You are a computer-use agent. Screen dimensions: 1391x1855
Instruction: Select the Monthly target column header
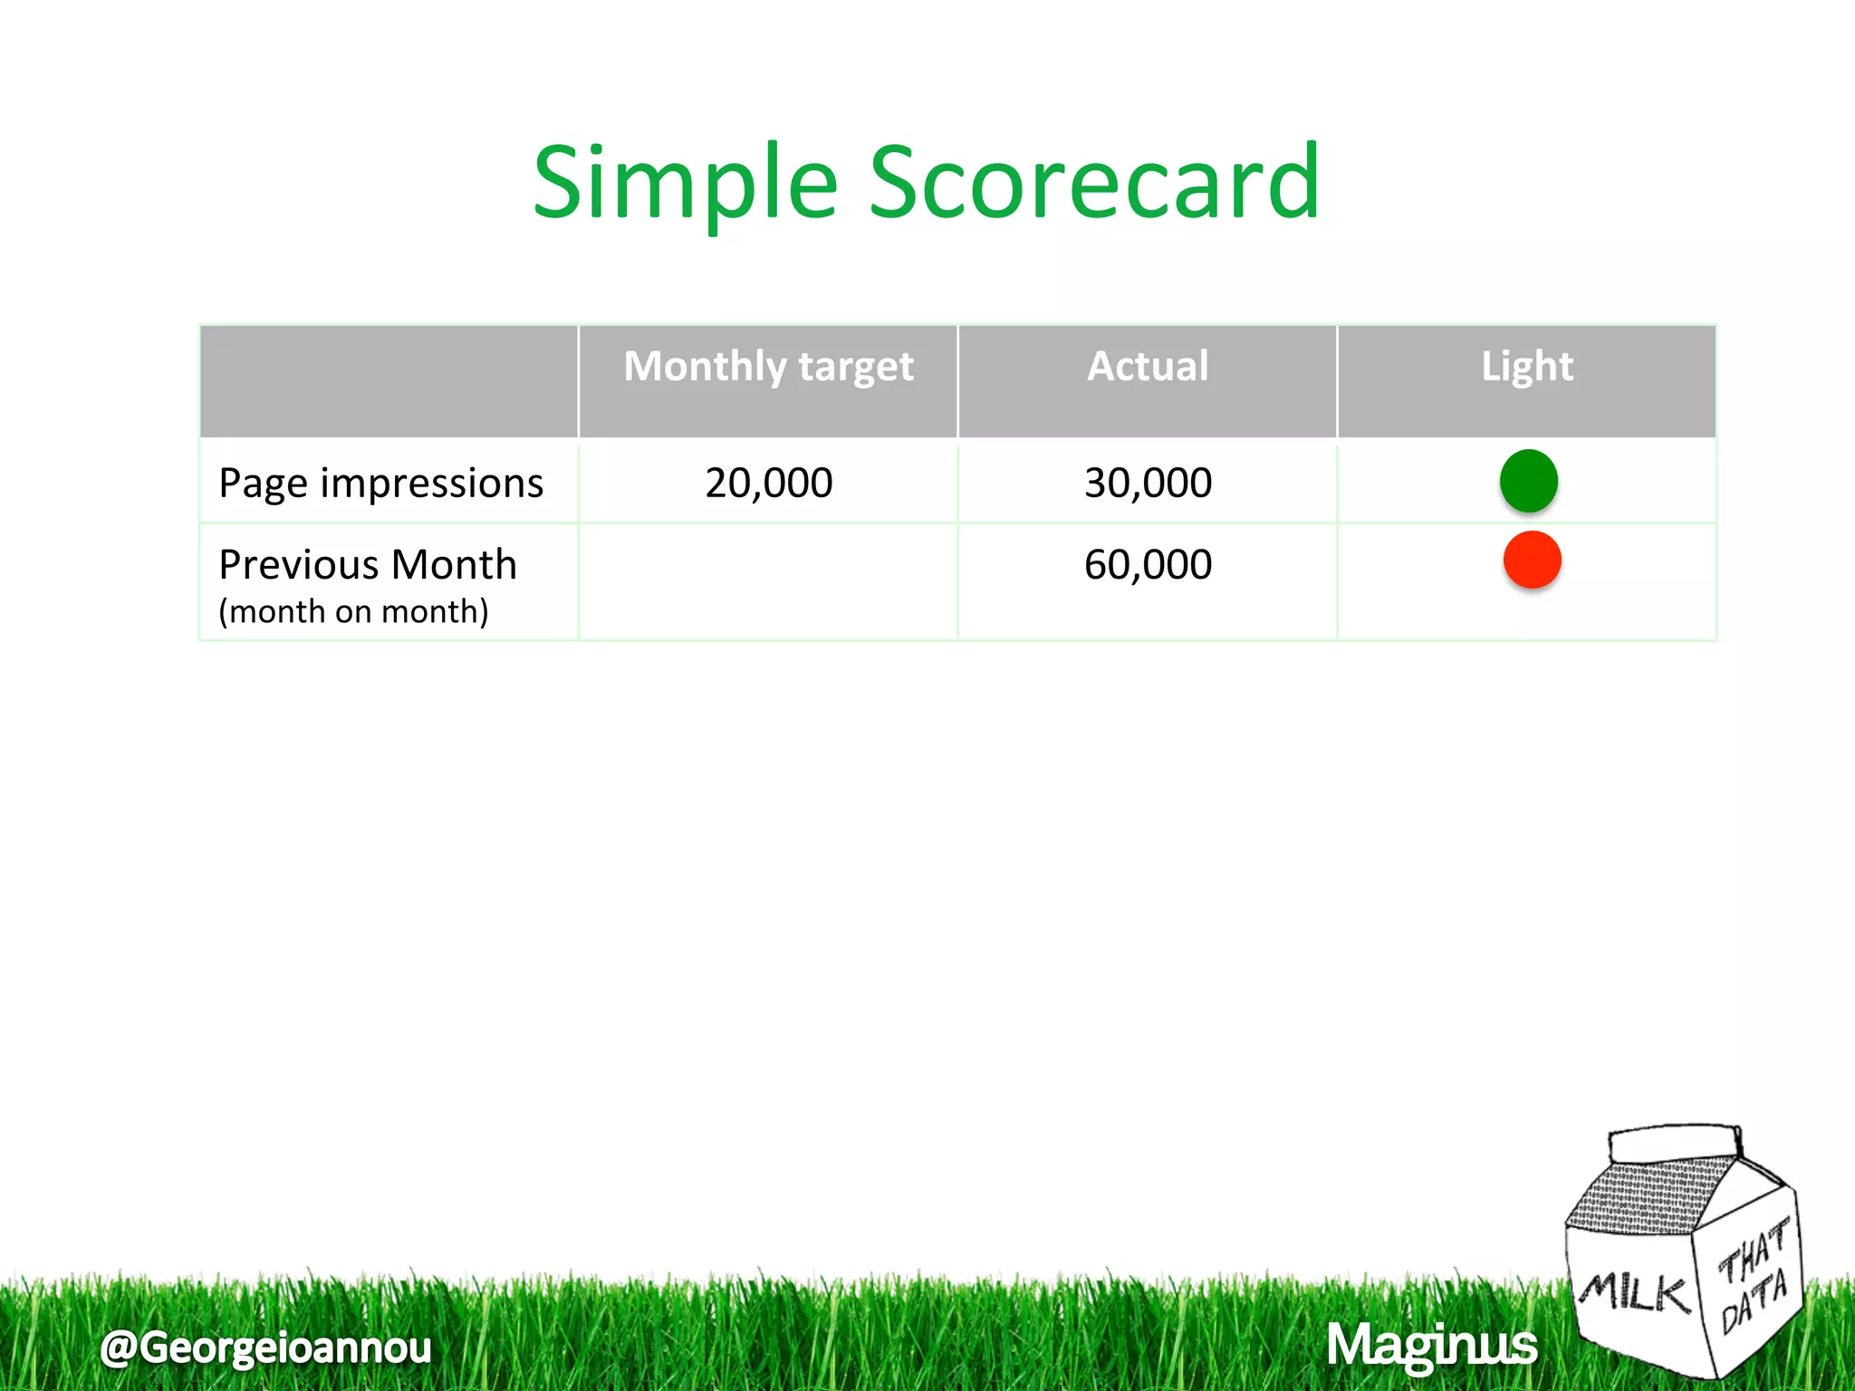768,367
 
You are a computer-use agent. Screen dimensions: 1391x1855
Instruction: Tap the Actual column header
1148,367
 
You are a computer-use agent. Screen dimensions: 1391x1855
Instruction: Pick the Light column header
1527,367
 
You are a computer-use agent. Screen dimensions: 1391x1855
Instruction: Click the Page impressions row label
381,483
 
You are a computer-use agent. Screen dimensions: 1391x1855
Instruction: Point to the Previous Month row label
368,564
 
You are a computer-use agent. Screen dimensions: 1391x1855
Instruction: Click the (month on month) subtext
353,611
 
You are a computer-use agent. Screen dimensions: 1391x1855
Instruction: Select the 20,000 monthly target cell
768,483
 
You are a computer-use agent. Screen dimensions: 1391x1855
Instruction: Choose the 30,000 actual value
1148,483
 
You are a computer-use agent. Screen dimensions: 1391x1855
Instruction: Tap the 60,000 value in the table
1148,564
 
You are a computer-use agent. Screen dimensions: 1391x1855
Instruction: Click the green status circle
1529,480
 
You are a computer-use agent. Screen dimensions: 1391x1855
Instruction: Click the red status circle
1532,561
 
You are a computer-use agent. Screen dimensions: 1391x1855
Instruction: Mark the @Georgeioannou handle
265,1347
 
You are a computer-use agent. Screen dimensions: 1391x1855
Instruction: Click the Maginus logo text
1431,1345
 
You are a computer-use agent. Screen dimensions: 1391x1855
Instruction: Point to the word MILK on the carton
1635,1292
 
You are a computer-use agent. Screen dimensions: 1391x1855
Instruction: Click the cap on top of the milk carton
1675,1143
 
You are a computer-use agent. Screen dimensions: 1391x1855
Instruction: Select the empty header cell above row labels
389,381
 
